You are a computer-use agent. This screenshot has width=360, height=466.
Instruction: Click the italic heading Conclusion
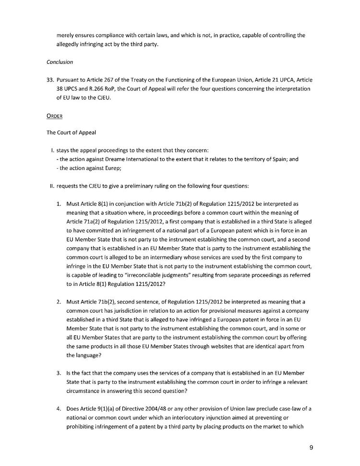pyautogui.click(x=60, y=61)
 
